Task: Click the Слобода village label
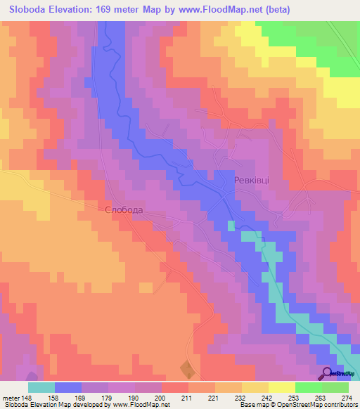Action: coord(124,210)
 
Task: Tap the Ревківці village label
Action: coord(251,181)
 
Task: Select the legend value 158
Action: coord(54,397)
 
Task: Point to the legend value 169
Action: coord(81,397)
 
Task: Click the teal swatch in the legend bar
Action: coord(41,387)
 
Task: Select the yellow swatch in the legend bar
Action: coord(281,387)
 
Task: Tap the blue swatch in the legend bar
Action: coord(67,387)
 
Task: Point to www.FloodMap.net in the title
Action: coord(217,10)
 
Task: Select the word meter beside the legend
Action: coord(11,397)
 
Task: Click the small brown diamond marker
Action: coord(186,369)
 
